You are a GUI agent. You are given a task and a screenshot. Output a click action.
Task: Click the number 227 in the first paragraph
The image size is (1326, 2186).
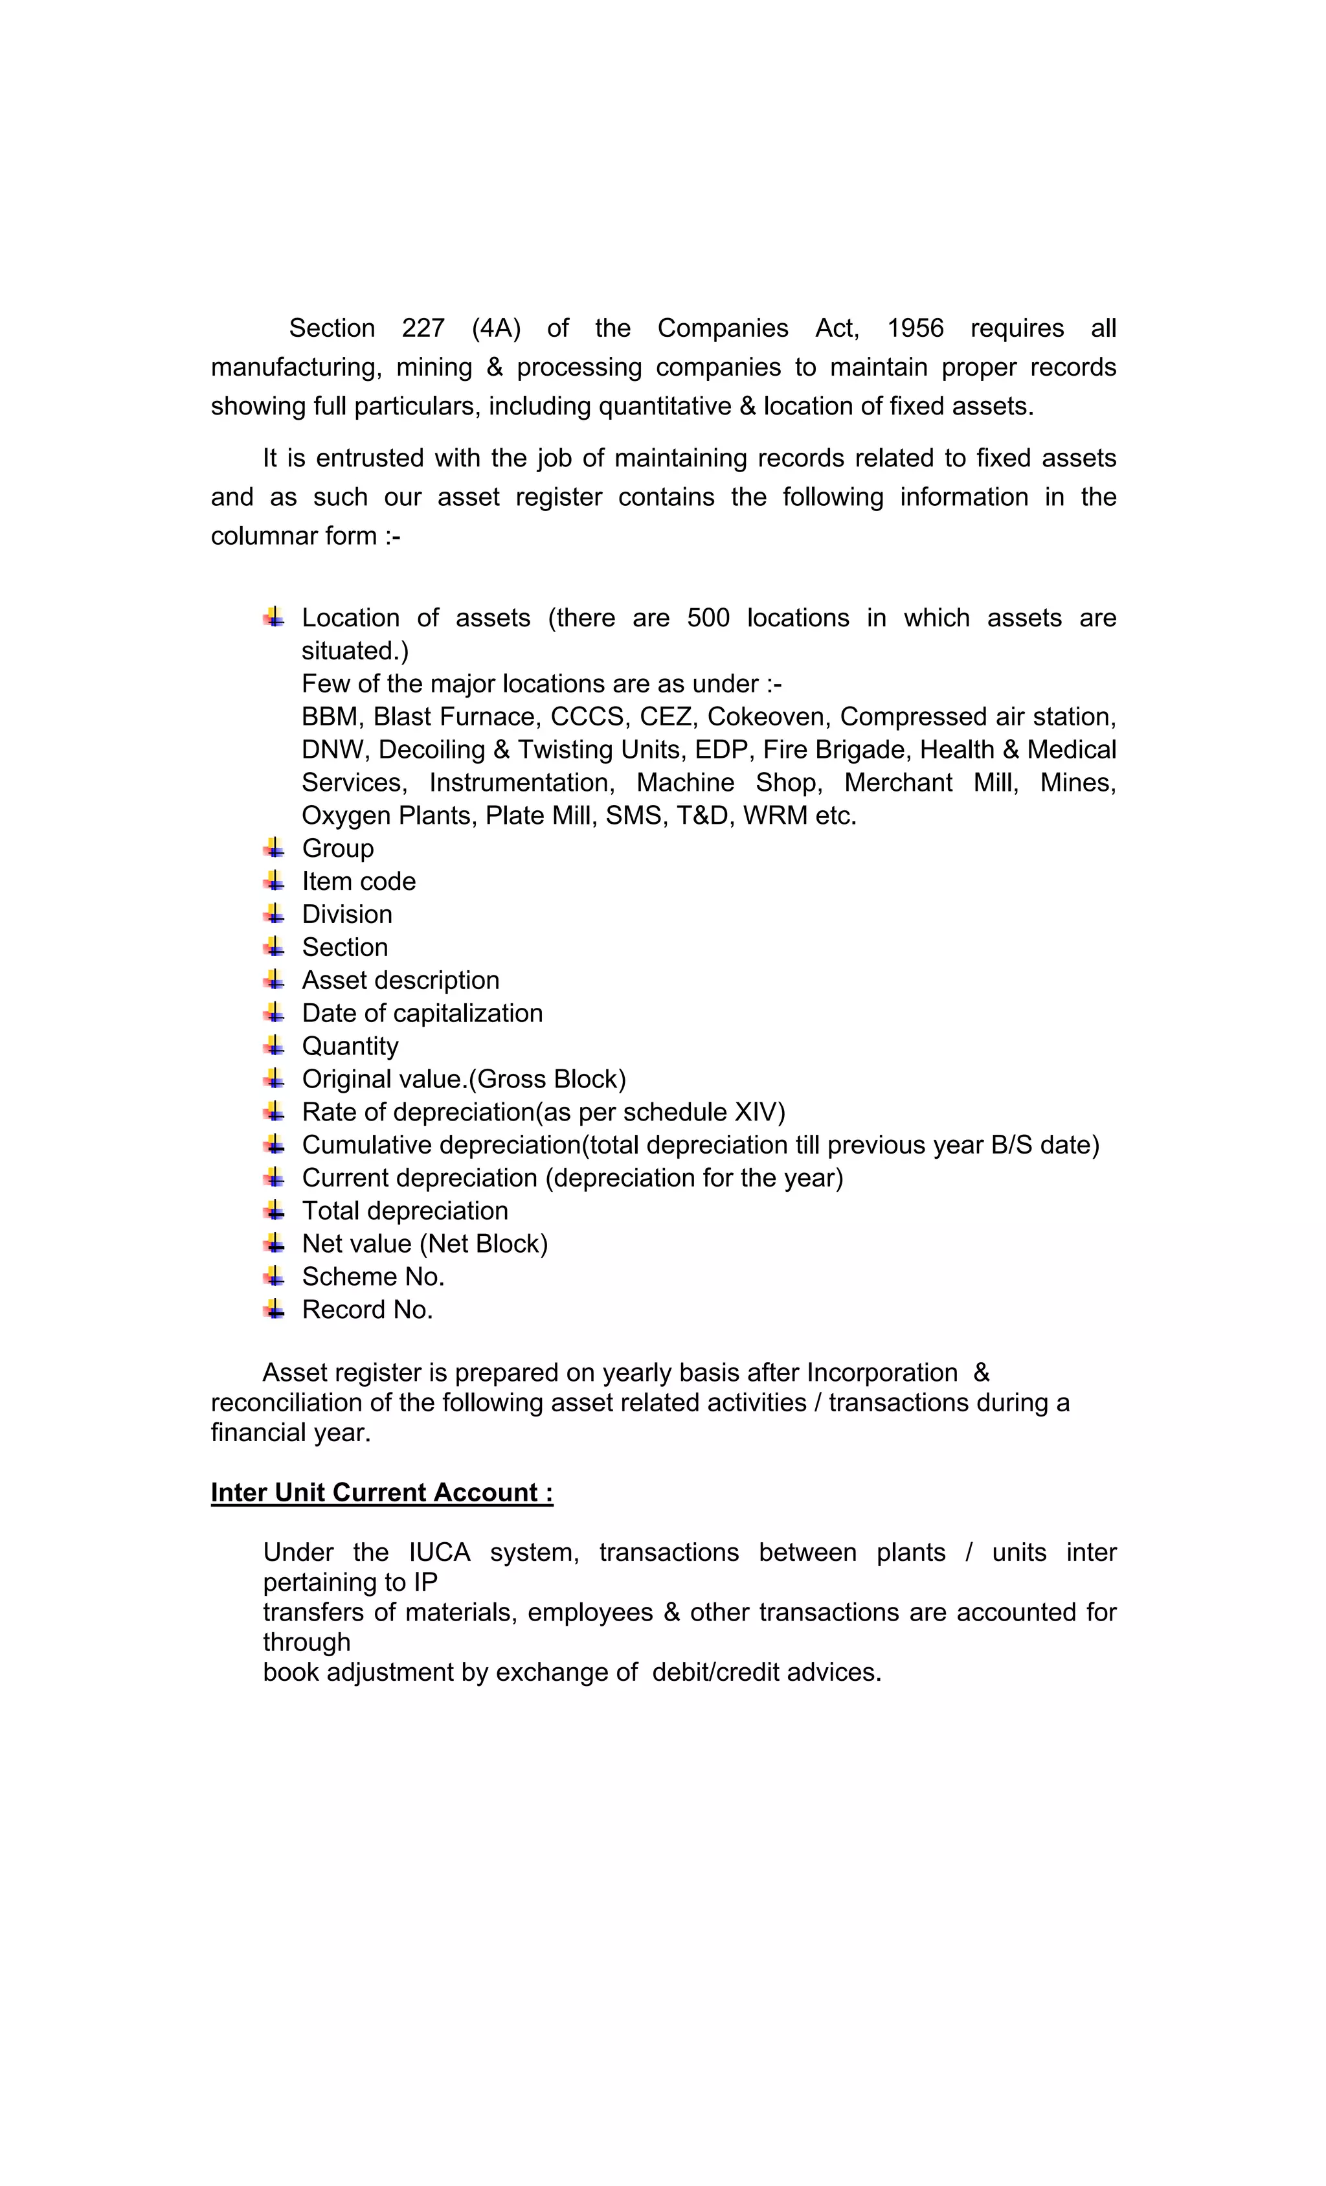pyautogui.click(x=422, y=328)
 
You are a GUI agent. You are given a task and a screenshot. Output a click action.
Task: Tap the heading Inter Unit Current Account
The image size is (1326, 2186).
pyautogui.click(x=381, y=1492)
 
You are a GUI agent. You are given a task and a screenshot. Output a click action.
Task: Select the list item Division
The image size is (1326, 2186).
pyautogui.click(x=347, y=914)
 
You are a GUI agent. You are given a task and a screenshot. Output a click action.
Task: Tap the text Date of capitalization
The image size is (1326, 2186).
pyautogui.click(x=422, y=1013)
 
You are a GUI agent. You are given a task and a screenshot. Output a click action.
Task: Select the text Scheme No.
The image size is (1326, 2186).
pyautogui.click(x=372, y=1277)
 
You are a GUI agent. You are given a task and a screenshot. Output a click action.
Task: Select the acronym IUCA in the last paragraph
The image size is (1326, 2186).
pyautogui.click(x=439, y=1553)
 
